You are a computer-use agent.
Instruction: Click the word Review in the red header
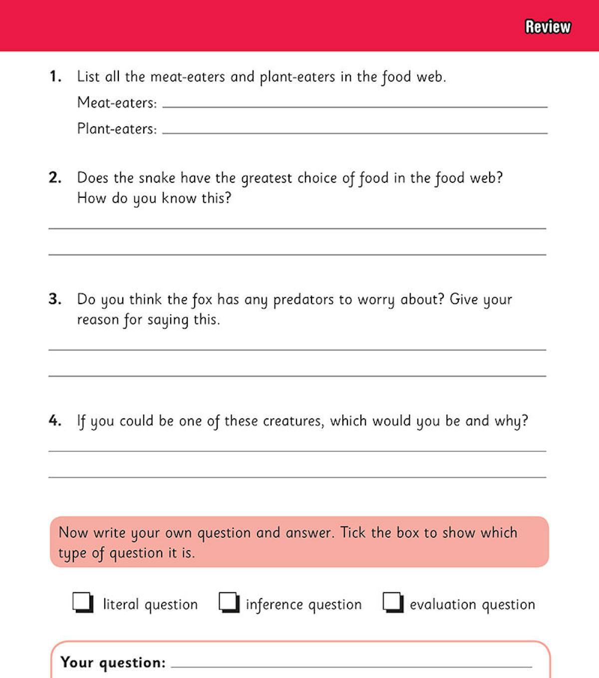coord(548,26)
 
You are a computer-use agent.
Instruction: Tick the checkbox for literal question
coord(83,602)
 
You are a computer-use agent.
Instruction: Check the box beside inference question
coord(229,602)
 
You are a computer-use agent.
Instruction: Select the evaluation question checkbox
coord(393,602)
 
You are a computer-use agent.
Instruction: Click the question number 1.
coord(55,77)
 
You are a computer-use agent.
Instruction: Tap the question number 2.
coord(55,178)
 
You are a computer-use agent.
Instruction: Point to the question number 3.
coord(55,299)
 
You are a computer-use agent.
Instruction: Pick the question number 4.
coord(55,420)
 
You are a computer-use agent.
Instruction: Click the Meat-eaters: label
coord(117,103)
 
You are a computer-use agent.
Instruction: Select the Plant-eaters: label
coord(117,129)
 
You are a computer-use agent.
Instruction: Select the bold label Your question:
coord(113,663)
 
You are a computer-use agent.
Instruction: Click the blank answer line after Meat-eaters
coord(354,106)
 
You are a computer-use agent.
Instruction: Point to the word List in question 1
coord(88,76)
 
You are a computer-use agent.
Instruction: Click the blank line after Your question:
coord(351,666)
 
